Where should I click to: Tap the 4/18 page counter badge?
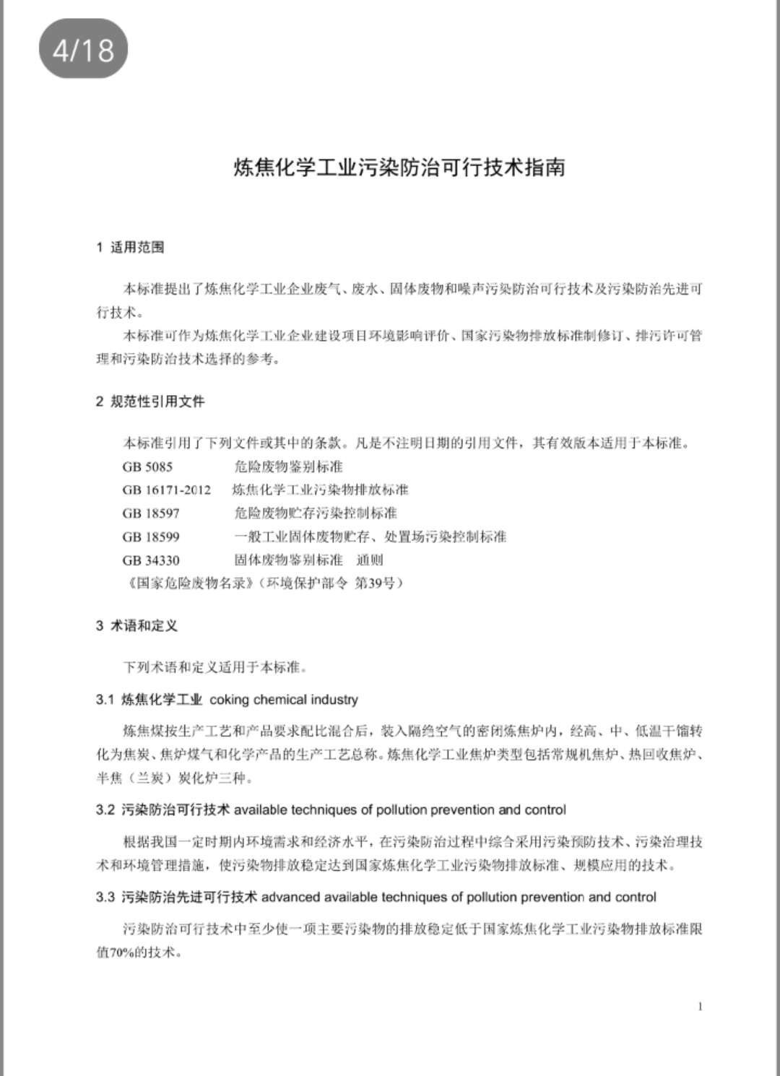(x=83, y=50)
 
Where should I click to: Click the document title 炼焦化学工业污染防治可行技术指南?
(x=399, y=168)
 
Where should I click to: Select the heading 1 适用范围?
(x=130, y=248)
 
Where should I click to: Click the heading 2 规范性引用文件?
(x=150, y=402)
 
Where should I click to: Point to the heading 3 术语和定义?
(x=136, y=626)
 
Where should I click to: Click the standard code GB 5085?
(x=147, y=467)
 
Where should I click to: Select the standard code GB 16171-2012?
(x=167, y=490)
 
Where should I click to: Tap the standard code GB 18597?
(x=151, y=513)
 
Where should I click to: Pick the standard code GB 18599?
(x=151, y=537)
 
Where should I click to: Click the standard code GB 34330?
(x=151, y=560)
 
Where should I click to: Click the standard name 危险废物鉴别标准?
(x=289, y=467)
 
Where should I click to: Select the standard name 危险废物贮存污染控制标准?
(x=316, y=513)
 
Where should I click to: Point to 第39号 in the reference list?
(x=378, y=583)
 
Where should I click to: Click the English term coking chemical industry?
(x=284, y=700)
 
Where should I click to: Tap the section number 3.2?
(x=105, y=810)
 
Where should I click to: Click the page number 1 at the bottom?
(x=700, y=1007)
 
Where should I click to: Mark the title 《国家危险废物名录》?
(x=187, y=583)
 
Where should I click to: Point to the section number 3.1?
(x=105, y=700)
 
